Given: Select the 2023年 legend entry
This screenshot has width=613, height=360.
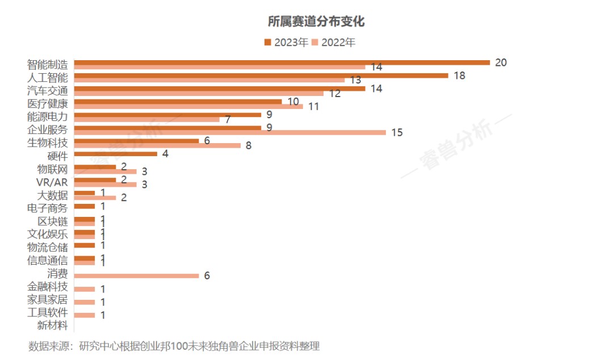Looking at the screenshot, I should coord(286,42).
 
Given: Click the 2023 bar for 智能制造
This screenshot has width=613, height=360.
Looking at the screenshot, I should coord(282,62).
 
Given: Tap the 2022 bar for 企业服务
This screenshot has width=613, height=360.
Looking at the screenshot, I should coord(230,132).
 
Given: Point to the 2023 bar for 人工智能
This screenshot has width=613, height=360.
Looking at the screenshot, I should coord(261,76).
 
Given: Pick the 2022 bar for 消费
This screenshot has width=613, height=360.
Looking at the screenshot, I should coord(136,275).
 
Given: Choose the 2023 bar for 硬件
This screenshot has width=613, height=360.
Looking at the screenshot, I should coord(116,154).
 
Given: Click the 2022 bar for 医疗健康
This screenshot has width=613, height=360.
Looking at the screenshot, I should coord(188,106).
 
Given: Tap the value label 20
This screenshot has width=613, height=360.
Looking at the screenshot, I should coord(501,62).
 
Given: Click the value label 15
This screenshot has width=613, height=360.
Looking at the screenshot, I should coord(397,132).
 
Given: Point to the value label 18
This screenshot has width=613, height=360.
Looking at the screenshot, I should coord(459,76).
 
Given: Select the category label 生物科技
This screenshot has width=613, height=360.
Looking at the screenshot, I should coord(48,143).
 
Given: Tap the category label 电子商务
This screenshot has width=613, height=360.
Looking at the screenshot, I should coord(48,208).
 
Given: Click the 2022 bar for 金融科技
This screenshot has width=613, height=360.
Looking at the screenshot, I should coord(85,289).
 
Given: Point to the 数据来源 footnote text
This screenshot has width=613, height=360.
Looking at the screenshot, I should coord(174,346).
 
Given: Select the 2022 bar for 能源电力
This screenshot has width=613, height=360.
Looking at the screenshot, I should coord(147,119).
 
